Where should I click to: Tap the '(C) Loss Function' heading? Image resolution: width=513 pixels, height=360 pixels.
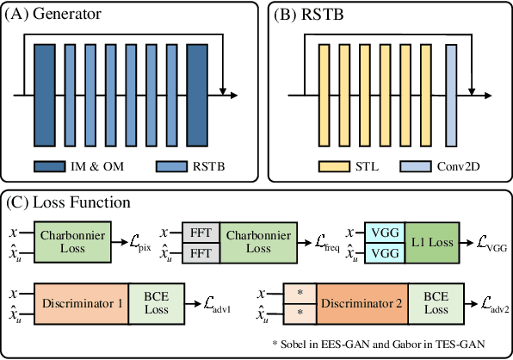(68, 203)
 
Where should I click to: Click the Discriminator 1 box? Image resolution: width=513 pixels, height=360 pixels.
(81, 303)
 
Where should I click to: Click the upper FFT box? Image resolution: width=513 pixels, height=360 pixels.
(200, 233)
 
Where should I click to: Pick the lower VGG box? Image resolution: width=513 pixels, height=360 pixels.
(386, 252)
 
